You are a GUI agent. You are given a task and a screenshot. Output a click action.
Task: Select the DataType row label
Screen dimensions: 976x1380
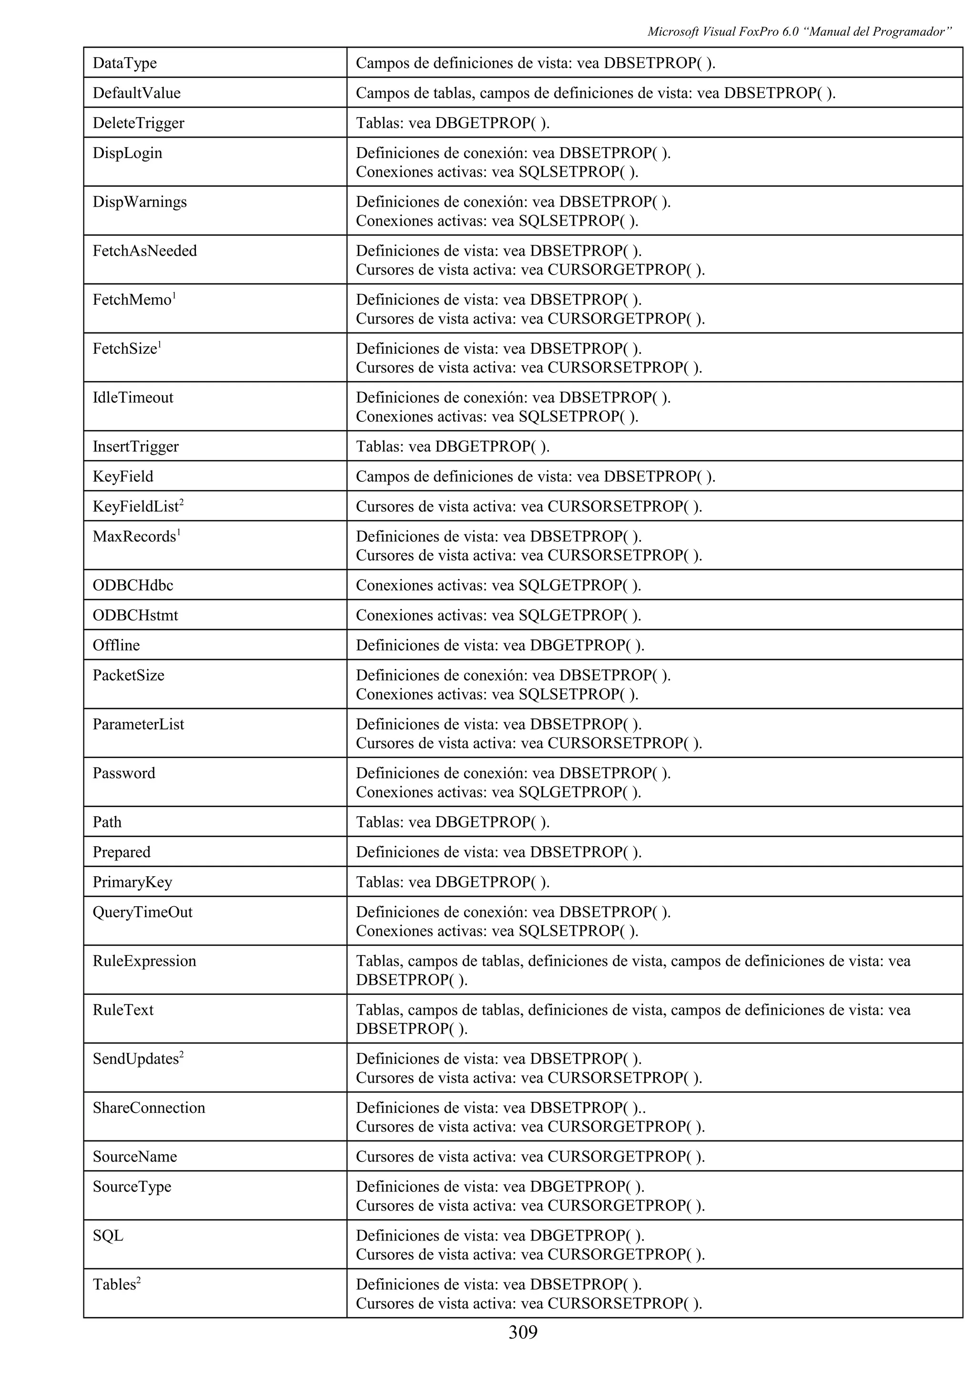tap(124, 63)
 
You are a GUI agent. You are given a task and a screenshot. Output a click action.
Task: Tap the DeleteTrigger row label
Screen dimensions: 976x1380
tap(138, 123)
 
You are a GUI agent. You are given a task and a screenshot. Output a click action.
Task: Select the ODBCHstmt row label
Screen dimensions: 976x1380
tap(135, 615)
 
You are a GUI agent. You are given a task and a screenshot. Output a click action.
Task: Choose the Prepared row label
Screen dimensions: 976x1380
tap(122, 852)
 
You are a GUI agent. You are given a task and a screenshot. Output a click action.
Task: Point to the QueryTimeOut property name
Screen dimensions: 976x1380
tap(142, 912)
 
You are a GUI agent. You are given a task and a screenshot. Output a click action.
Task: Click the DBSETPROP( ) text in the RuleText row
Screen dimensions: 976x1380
tap(411, 1029)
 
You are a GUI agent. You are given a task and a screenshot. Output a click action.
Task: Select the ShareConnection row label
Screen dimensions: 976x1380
tap(149, 1108)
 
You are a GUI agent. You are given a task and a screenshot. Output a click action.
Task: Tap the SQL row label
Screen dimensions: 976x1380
tap(108, 1236)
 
